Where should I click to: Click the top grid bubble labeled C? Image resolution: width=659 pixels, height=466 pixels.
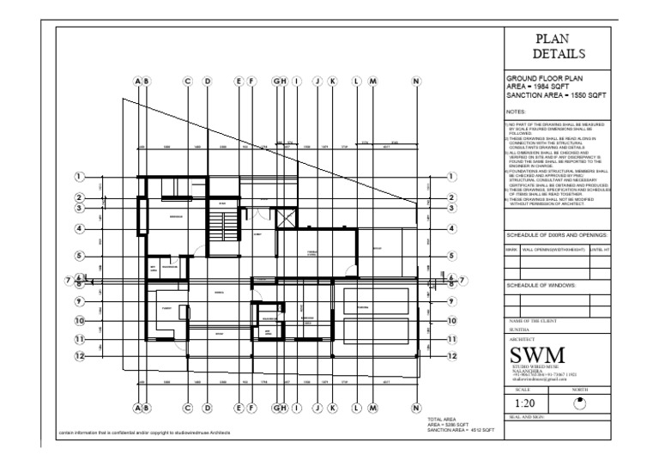[187, 82]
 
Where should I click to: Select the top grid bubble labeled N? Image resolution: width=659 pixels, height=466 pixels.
[416, 82]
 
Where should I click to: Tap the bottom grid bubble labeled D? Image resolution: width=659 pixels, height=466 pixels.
[207, 408]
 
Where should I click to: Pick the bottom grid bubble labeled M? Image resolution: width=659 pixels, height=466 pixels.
[372, 408]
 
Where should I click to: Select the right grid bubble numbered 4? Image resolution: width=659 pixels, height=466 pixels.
[451, 229]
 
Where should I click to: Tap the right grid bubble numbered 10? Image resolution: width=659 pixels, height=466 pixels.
[451, 321]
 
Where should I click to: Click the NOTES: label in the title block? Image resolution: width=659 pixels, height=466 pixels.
[517, 112]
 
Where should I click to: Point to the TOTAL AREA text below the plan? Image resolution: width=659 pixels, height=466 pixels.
[443, 419]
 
